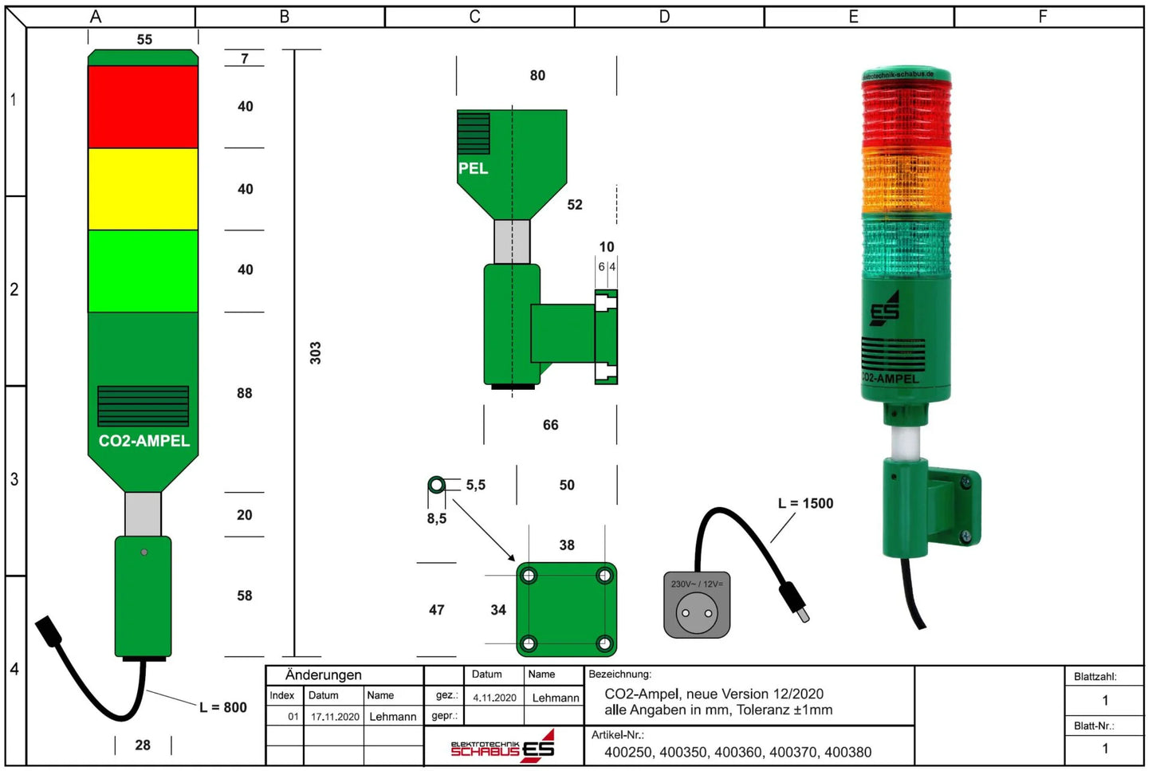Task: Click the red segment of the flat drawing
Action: [x=143, y=106]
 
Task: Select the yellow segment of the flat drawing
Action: [x=143, y=189]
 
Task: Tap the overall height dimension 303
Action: [x=315, y=353]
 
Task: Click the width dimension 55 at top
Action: [x=144, y=39]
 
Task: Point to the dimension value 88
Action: [x=245, y=393]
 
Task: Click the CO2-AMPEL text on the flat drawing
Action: [x=144, y=441]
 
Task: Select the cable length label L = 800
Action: [x=223, y=707]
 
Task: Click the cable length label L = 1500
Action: [x=805, y=503]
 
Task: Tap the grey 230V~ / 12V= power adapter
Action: [x=697, y=605]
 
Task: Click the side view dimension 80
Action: [x=538, y=75]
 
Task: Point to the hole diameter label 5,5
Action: [x=476, y=485]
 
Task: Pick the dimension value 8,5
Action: [x=437, y=518]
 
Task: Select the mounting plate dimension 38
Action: [x=567, y=545]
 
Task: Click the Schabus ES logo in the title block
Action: [x=503, y=746]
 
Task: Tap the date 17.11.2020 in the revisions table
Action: [x=335, y=717]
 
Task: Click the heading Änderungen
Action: [x=324, y=675]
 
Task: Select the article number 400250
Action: [x=627, y=752]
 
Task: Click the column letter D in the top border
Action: [x=665, y=17]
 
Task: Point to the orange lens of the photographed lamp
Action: [x=906, y=182]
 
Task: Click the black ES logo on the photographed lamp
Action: [x=885, y=309]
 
